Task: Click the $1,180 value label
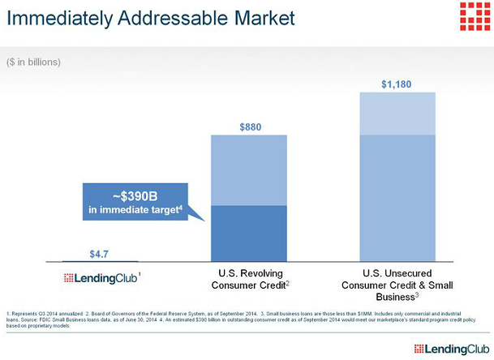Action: click(x=397, y=84)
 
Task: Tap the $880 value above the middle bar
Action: click(x=251, y=127)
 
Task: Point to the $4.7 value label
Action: click(x=99, y=254)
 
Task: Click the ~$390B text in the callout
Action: click(x=135, y=196)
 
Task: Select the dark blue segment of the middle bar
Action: click(x=249, y=234)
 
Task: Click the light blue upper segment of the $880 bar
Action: click(x=249, y=170)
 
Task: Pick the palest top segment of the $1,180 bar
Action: click(x=397, y=114)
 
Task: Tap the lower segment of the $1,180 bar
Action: click(x=397, y=198)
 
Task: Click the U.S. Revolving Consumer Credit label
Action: click(x=251, y=279)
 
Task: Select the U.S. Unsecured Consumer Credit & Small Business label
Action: click(x=397, y=285)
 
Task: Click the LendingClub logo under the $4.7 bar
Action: click(x=102, y=278)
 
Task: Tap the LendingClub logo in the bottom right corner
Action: click(x=452, y=349)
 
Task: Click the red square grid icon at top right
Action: click(x=475, y=16)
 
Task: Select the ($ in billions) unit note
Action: click(x=33, y=62)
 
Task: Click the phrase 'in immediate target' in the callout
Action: click(x=135, y=209)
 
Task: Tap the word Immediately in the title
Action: click(x=59, y=19)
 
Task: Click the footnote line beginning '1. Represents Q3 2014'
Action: click(x=234, y=314)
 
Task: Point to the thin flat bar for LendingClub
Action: click(x=101, y=261)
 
